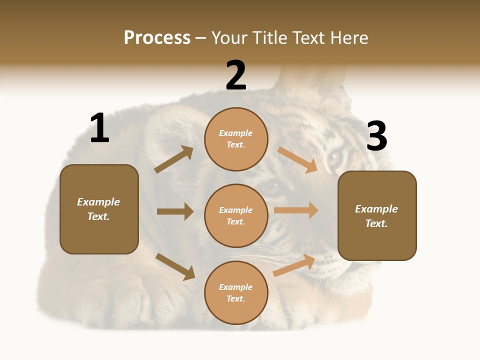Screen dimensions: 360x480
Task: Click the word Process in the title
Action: (x=157, y=38)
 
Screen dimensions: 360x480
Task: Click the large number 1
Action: (x=99, y=128)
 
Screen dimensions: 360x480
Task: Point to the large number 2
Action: (x=236, y=75)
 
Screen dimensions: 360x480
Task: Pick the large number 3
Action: (x=376, y=136)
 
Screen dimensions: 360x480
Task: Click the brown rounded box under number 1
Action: (x=99, y=209)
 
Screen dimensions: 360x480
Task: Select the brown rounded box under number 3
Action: (x=377, y=215)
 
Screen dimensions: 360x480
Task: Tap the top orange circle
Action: (x=236, y=139)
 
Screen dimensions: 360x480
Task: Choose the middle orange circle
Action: (x=236, y=215)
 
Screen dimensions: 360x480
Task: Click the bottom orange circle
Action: (x=236, y=292)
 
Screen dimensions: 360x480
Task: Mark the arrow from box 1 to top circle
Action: (x=173, y=159)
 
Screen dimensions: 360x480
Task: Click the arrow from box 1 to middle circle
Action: (x=175, y=211)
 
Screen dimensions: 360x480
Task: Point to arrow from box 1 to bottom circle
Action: (x=175, y=266)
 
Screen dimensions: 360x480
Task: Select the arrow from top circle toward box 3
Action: (x=297, y=160)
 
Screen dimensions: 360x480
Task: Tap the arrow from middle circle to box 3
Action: (x=296, y=210)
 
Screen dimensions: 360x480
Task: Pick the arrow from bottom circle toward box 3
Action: (x=294, y=265)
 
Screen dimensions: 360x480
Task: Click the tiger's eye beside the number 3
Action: (x=333, y=158)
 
